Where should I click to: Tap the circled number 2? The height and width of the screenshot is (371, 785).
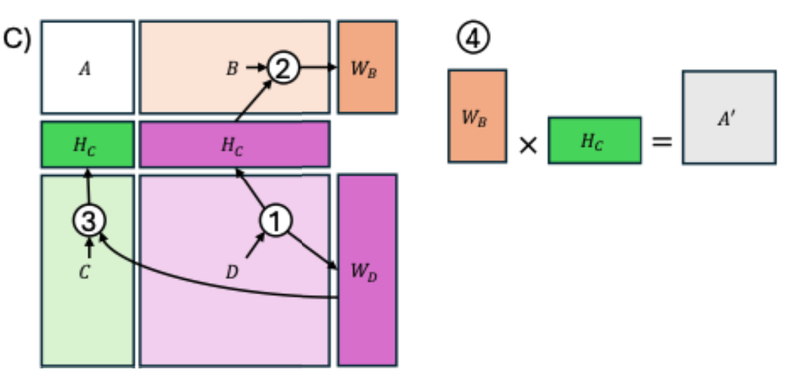(x=283, y=67)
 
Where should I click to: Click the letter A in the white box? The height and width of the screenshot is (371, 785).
(x=85, y=67)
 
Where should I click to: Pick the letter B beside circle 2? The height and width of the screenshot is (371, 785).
(x=232, y=67)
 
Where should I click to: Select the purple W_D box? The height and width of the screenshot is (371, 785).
(x=367, y=270)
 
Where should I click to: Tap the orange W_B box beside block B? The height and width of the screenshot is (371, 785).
(x=367, y=67)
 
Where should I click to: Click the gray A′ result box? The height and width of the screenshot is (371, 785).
(x=729, y=117)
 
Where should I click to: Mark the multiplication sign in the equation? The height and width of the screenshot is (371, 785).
(x=527, y=145)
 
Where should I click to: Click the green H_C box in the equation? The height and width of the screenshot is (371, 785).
(x=594, y=140)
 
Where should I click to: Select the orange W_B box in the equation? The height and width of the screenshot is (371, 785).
(x=477, y=116)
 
